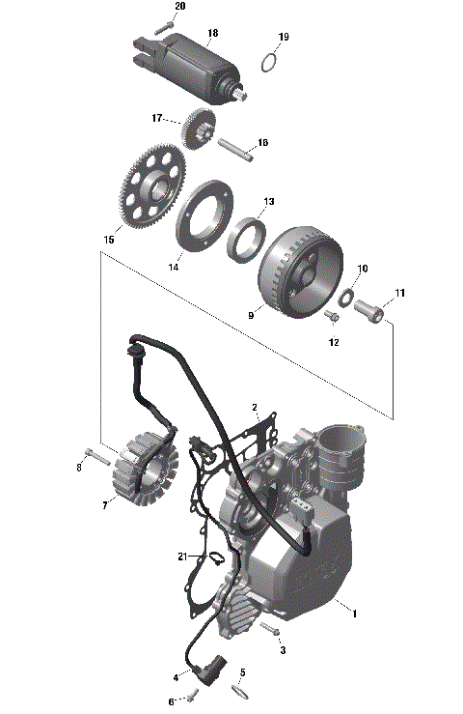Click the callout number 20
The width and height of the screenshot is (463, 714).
179,6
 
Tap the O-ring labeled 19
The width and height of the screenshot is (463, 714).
271,65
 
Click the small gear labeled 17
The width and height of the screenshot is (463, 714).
199,129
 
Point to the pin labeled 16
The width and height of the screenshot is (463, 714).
235,148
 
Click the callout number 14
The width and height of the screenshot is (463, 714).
174,267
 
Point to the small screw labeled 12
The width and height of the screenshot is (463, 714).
333,317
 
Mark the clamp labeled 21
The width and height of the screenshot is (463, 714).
216,558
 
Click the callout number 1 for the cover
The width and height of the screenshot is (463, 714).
354,614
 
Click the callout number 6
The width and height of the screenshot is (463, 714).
172,701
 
